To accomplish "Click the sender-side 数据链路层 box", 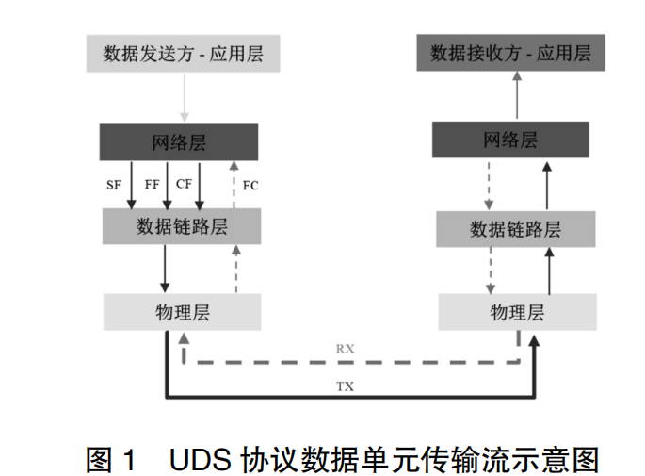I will pyautogui.click(x=182, y=226).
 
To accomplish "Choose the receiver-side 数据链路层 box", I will pyautogui.click(x=515, y=228).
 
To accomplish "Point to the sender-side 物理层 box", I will pyautogui.click(x=182, y=312).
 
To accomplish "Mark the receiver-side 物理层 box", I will pyautogui.click(x=517, y=312).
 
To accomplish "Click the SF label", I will pyautogui.click(x=114, y=185).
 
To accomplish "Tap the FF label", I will pyautogui.click(x=152, y=185).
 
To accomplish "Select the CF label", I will pyautogui.click(x=185, y=185).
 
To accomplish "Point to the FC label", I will pyautogui.click(x=250, y=185).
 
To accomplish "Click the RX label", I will pyautogui.click(x=347, y=348).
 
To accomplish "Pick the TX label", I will pyautogui.click(x=347, y=386).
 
